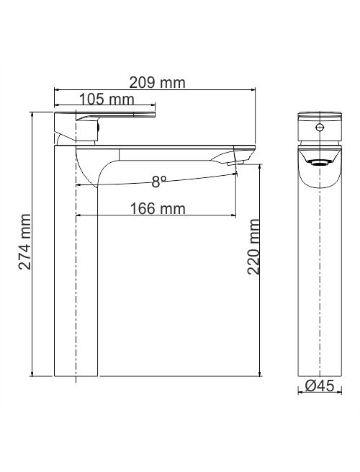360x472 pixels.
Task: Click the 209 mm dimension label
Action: [x=157, y=83]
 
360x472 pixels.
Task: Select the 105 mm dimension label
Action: [x=107, y=99]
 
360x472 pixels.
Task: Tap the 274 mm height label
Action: [x=24, y=241]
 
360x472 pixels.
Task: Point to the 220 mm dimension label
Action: [x=253, y=247]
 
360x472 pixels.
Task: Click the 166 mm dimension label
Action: [x=158, y=208]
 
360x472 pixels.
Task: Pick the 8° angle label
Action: [x=159, y=182]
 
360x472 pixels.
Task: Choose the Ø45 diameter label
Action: [x=320, y=386]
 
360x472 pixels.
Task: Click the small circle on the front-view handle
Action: [x=320, y=127]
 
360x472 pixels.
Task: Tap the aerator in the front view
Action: [x=320, y=163]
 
